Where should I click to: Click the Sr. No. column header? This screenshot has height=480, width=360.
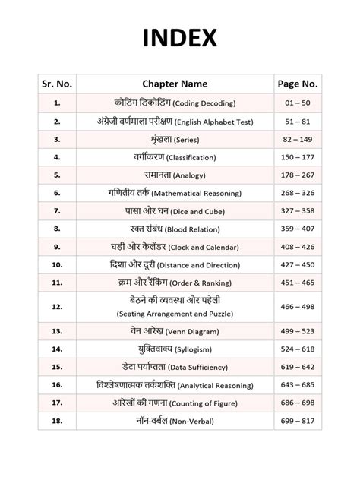tap(57, 84)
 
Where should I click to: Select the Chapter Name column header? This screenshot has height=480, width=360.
tap(175, 84)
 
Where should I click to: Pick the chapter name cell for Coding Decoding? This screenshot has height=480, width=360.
tap(175, 103)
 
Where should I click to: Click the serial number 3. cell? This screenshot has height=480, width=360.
tap(57, 139)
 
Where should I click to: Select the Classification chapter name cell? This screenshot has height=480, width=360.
tap(175, 157)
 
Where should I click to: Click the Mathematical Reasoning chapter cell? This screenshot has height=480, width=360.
tap(175, 194)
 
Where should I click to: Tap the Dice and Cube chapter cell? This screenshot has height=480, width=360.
tap(175, 211)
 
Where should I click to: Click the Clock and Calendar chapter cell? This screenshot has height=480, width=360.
tap(175, 248)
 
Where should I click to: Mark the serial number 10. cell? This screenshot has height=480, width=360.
tap(57, 266)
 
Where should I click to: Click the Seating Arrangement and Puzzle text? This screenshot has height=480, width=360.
tap(175, 314)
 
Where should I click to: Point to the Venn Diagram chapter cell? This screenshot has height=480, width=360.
tap(175, 332)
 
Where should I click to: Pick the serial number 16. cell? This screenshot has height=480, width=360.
tap(57, 386)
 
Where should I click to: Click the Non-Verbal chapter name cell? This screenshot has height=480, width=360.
tap(175, 422)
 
